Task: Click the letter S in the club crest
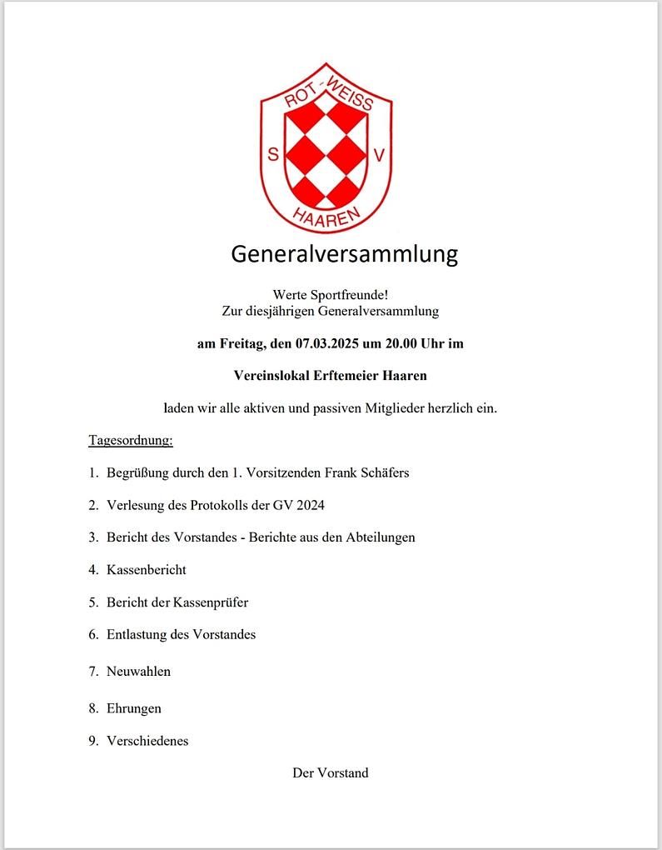273,154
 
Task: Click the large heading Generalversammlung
345,253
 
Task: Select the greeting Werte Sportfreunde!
331,294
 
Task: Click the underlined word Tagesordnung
131,439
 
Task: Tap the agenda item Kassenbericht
147,570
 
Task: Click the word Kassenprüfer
211,602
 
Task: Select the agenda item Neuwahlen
138,671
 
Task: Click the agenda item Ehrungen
134,708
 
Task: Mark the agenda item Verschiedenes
147,740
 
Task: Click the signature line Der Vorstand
331,772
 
